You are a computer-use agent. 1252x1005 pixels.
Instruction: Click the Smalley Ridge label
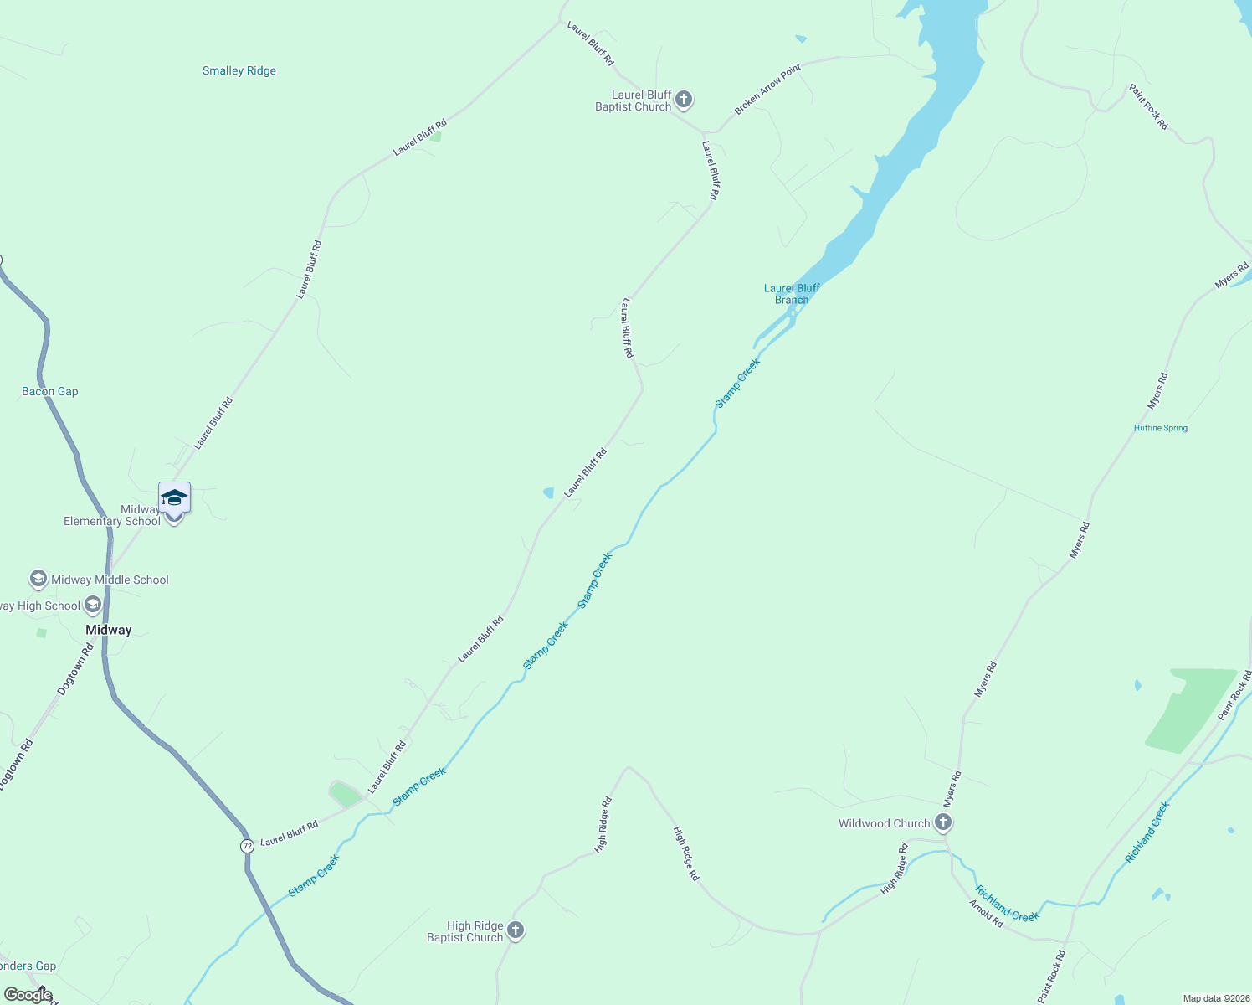coord(239,71)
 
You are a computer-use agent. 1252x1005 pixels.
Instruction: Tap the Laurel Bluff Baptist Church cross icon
coord(684,100)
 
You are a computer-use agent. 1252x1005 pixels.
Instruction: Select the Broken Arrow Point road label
coord(767,89)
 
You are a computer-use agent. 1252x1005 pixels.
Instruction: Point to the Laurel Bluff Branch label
coord(792,294)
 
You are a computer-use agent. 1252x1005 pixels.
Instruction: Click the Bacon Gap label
coord(50,391)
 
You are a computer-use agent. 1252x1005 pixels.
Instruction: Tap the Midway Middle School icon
coord(38,579)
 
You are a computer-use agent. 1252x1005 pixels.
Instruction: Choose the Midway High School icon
coord(93,605)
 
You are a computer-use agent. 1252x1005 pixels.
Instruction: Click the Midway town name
coord(109,630)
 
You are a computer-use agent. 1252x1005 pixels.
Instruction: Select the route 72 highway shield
coord(247,846)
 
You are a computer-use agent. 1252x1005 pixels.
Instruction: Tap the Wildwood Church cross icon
coord(943,822)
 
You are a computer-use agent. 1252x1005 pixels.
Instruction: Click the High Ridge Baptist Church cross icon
coord(516,930)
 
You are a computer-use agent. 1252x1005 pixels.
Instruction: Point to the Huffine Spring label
coord(1161,428)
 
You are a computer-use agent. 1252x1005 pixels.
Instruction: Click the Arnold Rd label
coord(986,913)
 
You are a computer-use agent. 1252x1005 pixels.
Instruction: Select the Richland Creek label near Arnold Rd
coord(1008,903)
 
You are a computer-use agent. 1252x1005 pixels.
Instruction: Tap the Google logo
coord(28,995)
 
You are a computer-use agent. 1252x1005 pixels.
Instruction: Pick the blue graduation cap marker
coord(174,497)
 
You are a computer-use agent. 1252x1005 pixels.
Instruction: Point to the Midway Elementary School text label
coord(112,515)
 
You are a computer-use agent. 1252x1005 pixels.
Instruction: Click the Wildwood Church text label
coord(884,823)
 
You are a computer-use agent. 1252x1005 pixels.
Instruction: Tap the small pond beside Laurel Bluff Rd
coord(548,492)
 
